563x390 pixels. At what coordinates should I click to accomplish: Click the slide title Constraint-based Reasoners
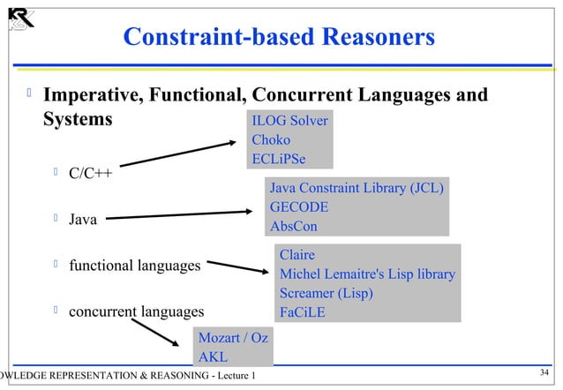(279, 37)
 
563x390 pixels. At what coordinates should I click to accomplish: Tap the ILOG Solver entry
(289, 121)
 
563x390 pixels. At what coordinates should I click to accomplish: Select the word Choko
(271, 140)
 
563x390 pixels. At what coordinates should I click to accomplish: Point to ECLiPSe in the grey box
(279, 159)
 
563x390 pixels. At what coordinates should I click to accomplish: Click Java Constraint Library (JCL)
(356, 188)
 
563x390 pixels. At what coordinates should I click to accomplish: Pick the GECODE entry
(299, 207)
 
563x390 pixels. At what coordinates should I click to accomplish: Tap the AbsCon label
(294, 227)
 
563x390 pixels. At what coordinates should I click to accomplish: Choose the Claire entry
(297, 255)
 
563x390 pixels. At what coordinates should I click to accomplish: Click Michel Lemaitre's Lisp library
(367, 274)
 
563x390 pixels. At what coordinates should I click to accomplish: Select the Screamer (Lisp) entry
(327, 293)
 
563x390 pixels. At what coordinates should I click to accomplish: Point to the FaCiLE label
(303, 311)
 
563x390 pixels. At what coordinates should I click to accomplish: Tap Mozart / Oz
(233, 339)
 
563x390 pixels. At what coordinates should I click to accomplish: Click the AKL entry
(213, 357)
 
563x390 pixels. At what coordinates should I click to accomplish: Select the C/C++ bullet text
(90, 172)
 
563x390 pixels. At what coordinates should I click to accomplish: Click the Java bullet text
(83, 219)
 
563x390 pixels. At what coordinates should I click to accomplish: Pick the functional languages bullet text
(134, 265)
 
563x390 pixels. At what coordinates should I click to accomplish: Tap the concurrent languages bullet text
(136, 311)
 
